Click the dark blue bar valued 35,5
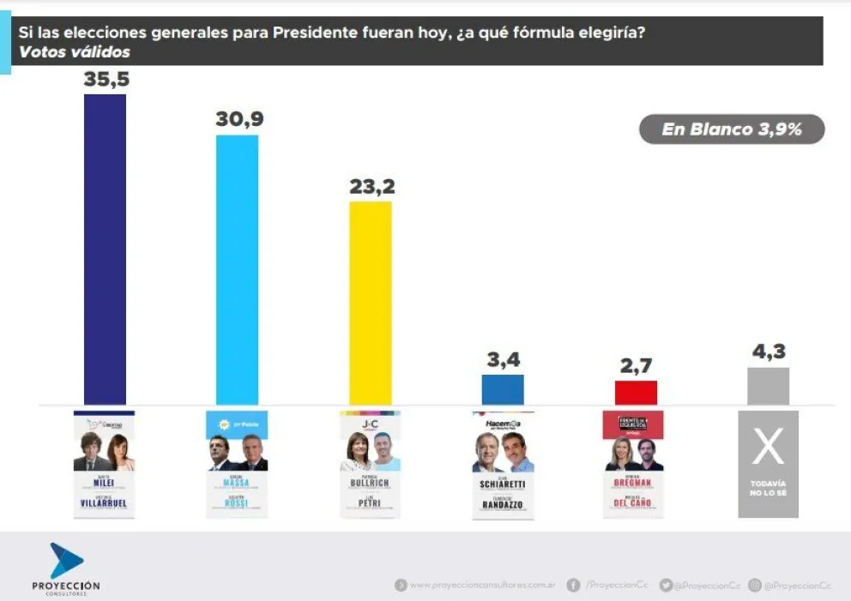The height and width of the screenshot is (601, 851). pyautogui.click(x=105, y=249)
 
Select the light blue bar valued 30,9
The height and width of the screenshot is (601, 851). pyautogui.click(x=237, y=269)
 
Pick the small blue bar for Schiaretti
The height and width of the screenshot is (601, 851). pyautogui.click(x=503, y=389)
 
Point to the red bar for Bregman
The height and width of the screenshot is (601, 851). pyautogui.click(x=636, y=393)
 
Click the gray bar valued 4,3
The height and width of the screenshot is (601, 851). pyautogui.click(x=768, y=386)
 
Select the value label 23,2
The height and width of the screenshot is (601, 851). pyautogui.click(x=371, y=186)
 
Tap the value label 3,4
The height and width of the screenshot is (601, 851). pyautogui.click(x=504, y=360)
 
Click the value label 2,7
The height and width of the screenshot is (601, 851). pyautogui.click(x=636, y=366)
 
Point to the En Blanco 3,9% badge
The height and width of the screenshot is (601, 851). pyautogui.click(x=732, y=129)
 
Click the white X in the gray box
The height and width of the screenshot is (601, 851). pyautogui.click(x=768, y=447)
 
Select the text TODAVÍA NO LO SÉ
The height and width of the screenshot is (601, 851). pyautogui.click(x=768, y=489)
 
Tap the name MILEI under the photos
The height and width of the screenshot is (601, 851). pyautogui.click(x=105, y=484)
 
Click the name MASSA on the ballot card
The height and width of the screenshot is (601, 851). pyautogui.click(x=237, y=484)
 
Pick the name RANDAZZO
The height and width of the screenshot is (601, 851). pyautogui.click(x=503, y=506)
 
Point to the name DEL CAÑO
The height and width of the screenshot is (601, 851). pyautogui.click(x=636, y=506)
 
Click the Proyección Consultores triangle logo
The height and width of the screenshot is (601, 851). pyautogui.click(x=66, y=560)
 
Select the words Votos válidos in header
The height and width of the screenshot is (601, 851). pyautogui.click(x=75, y=52)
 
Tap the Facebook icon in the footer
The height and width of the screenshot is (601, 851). pyautogui.click(x=572, y=585)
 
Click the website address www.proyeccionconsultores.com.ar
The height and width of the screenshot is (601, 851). pyautogui.click(x=483, y=585)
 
